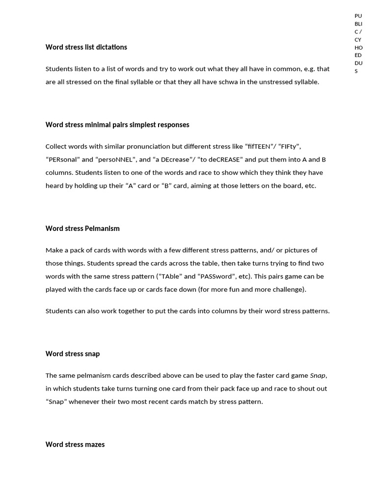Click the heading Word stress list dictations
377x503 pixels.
(x=86, y=47)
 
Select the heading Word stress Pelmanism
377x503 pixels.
(x=82, y=228)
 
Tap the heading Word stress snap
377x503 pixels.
(x=73, y=354)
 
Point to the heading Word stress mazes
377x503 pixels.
(x=75, y=445)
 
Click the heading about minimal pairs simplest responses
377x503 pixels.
(x=117, y=125)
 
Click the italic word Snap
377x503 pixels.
(x=318, y=376)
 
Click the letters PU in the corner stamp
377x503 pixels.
(x=358, y=16)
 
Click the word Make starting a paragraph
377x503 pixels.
(x=54, y=251)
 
